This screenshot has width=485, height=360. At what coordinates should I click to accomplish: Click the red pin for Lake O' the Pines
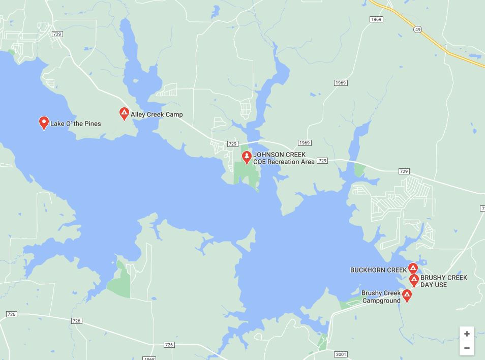[44, 123]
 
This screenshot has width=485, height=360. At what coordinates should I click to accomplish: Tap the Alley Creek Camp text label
[157, 114]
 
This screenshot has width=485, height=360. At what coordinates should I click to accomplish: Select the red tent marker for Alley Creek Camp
[124, 113]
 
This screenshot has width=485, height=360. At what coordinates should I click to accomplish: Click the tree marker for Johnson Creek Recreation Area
[247, 157]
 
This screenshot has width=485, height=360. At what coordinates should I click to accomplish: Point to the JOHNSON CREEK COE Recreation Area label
[284, 158]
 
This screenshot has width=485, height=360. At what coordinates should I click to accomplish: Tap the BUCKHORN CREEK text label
[378, 270]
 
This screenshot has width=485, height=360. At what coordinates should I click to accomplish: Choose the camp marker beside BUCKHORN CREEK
[413, 268]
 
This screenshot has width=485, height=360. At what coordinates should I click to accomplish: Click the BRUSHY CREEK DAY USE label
[443, 281]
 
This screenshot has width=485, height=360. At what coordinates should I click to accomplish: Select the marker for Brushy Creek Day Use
[414, 279]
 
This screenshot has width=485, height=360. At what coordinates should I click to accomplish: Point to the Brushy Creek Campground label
[381, 296]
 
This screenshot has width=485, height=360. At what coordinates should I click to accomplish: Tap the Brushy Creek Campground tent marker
[407, 294]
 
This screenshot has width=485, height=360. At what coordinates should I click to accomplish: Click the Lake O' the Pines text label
[75, 124]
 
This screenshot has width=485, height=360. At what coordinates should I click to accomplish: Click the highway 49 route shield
[418, 30]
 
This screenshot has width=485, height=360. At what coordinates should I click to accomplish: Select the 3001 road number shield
[341, 354]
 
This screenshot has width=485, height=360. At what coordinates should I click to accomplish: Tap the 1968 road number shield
[149, 358]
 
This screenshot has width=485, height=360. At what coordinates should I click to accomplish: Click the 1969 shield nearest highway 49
[376, 19]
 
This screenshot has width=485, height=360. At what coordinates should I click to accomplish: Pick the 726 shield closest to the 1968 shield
[169, 345]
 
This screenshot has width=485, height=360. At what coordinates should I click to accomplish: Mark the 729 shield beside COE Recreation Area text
[322, 161]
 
